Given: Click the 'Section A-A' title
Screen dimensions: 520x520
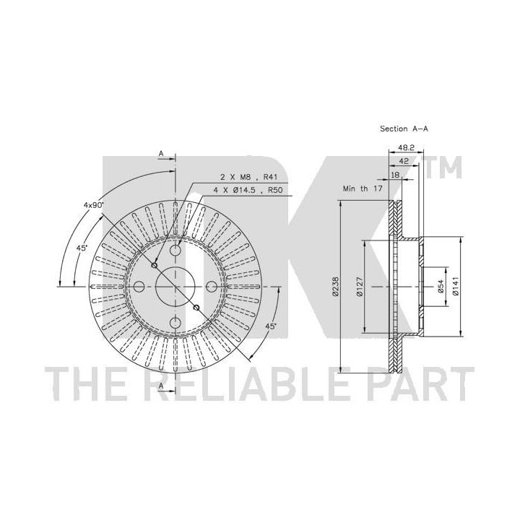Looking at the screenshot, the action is (404, 129).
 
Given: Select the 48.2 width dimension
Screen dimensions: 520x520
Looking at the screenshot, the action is (406, 147).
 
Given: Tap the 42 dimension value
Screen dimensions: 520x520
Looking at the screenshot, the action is (404, 161).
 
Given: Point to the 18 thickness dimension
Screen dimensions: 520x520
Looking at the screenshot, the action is (395, 175).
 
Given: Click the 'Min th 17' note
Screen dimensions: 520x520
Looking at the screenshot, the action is (363, 188).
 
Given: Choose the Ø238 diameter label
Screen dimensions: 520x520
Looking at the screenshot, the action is (335, 286).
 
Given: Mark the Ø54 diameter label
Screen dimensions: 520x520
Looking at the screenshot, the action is (441, 286).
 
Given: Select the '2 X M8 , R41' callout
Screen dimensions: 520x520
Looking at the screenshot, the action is (248, 178).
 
